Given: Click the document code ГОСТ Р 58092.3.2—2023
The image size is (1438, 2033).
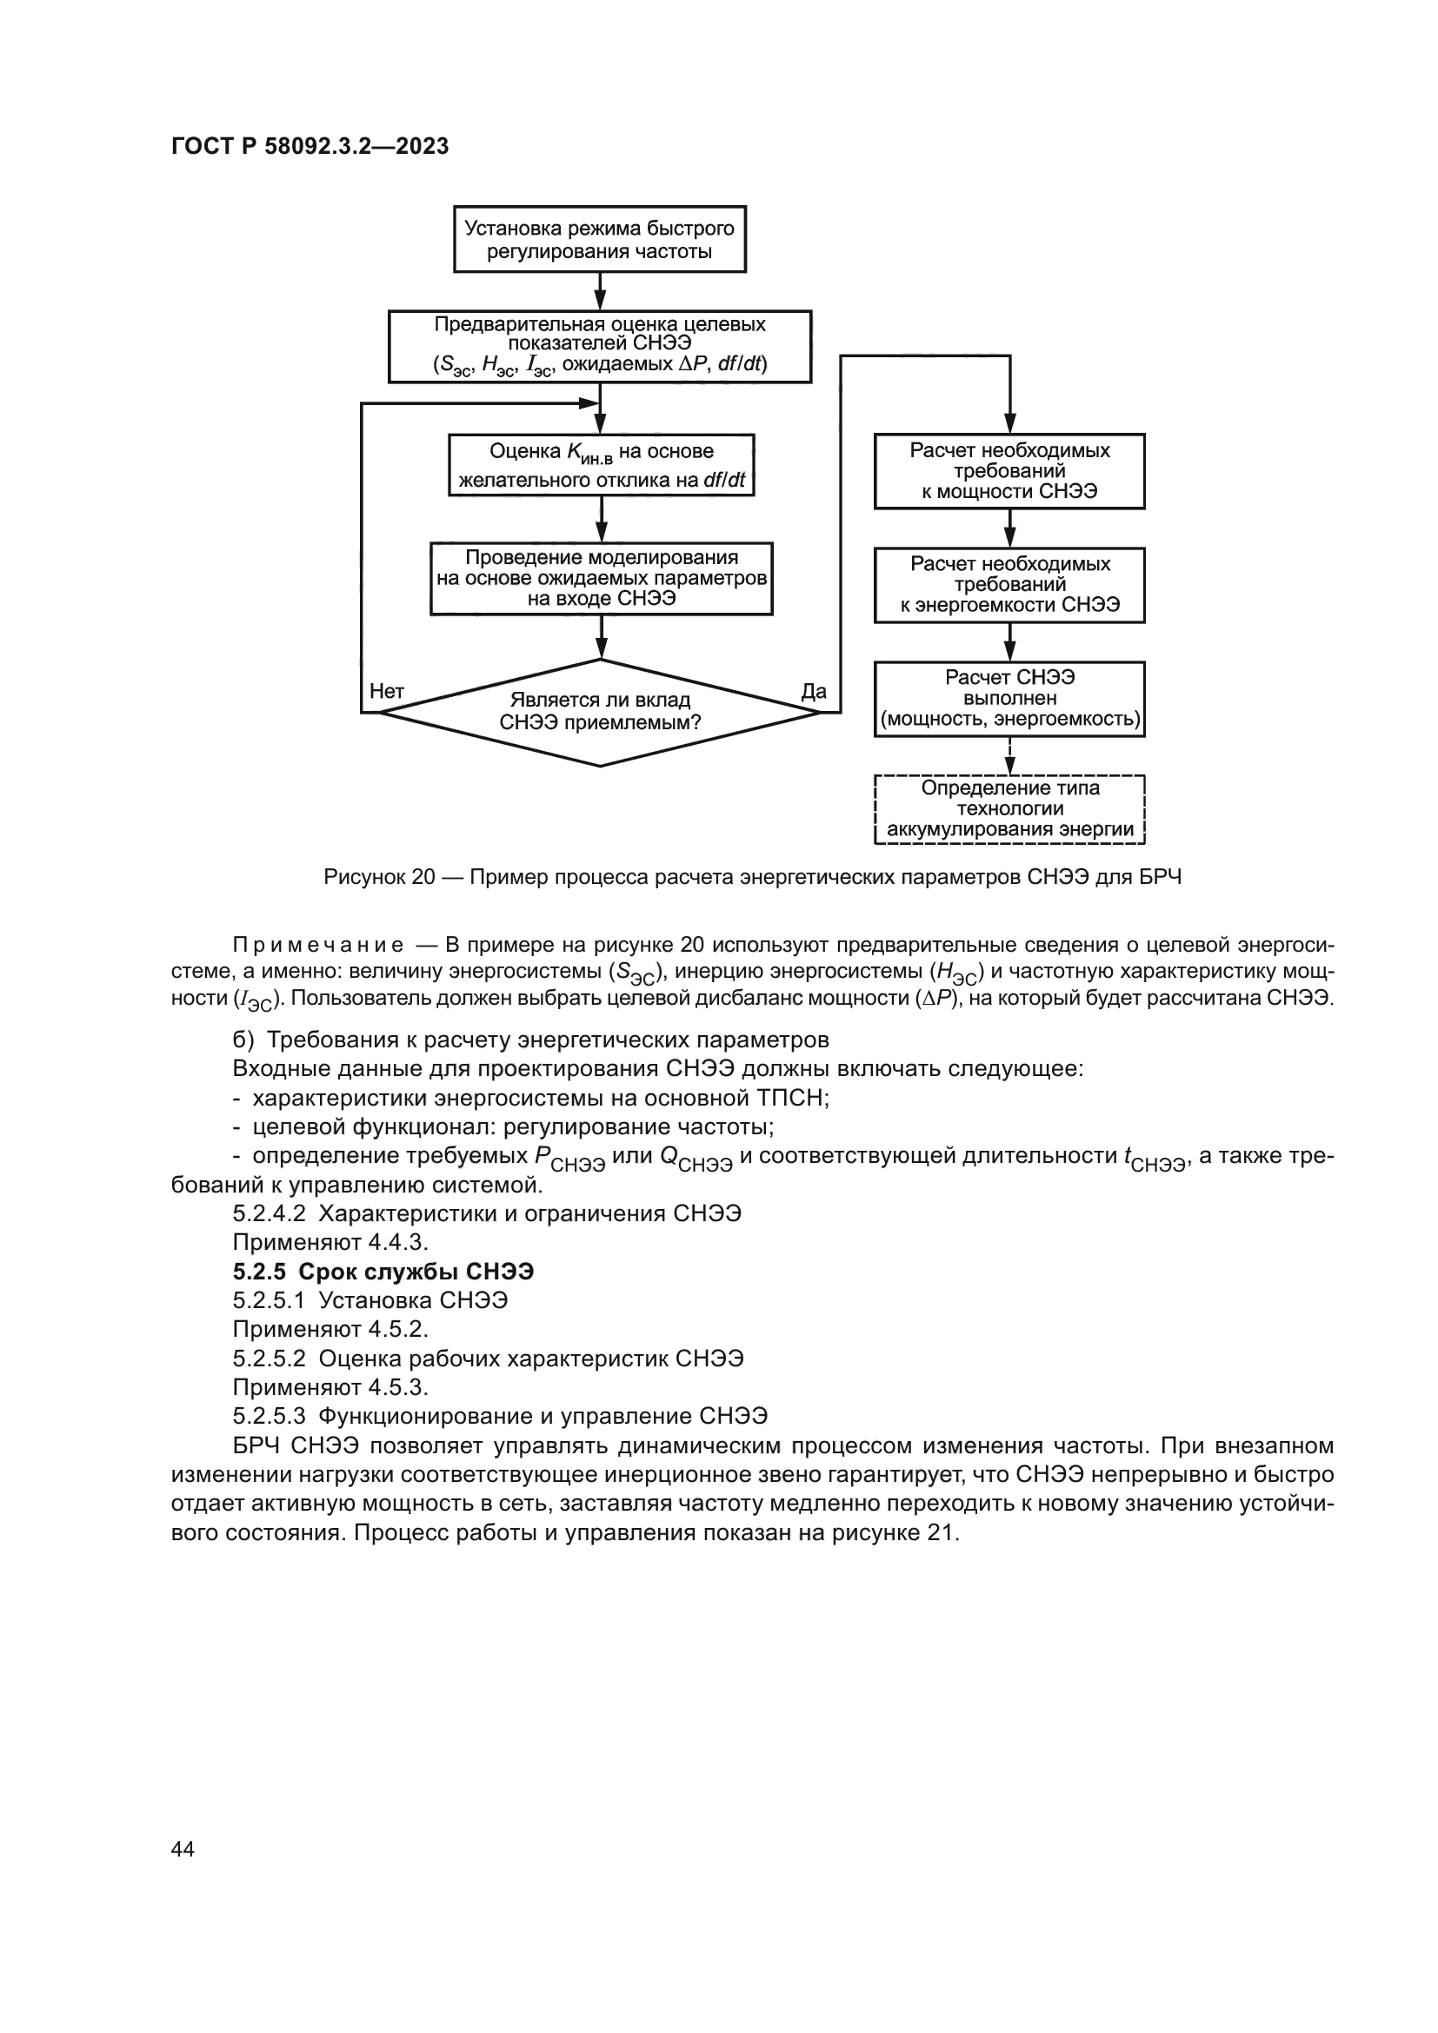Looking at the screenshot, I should coord(310,147).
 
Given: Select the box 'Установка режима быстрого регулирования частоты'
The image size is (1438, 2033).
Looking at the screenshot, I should coord(600,239).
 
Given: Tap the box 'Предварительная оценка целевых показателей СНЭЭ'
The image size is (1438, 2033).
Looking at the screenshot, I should coord(600,345).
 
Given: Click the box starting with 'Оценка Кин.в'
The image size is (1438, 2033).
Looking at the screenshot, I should coord(602,465).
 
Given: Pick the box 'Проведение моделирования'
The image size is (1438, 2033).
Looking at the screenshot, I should coord(602,578).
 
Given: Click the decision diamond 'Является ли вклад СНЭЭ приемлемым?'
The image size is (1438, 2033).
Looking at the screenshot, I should coord(600,712).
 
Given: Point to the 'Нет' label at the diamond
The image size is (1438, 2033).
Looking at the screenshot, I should coord(387,692).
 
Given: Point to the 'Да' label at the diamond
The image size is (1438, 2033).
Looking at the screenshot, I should coord(813,692).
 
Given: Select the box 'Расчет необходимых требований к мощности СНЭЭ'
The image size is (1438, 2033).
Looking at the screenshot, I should coord(1009,471).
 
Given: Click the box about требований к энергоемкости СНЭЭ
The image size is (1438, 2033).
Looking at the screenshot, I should coord(1009,584).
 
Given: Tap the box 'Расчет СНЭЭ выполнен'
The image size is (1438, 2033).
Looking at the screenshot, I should coord(1009,699).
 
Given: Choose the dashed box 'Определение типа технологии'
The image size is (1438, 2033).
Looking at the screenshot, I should coord(1009,809).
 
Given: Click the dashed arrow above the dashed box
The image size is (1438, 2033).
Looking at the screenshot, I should coord(1009,756).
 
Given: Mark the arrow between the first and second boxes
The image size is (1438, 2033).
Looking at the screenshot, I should coord(601,290).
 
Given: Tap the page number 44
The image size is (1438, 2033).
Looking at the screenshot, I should coord(183,1849).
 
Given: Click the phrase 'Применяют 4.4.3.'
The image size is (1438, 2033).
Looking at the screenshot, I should coord(330,1243).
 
